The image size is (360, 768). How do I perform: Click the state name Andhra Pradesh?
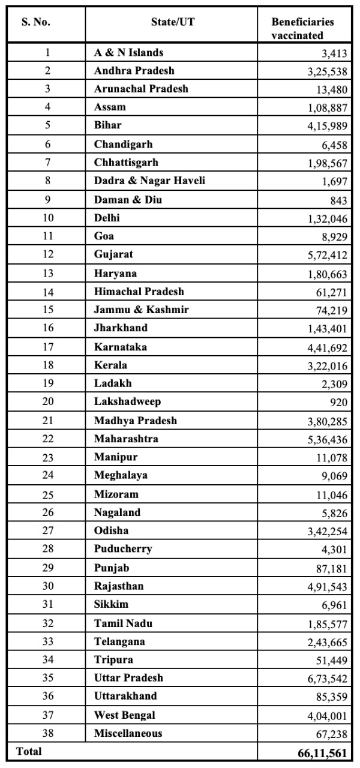coord(134,71)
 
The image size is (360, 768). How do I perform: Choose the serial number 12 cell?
coord(47,254)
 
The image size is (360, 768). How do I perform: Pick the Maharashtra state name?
coord(127,439)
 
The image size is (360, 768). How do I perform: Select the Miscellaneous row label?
coord(128,733)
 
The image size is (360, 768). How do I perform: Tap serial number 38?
coord(47,733)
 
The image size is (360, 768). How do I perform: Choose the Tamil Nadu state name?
coord(124,623)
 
